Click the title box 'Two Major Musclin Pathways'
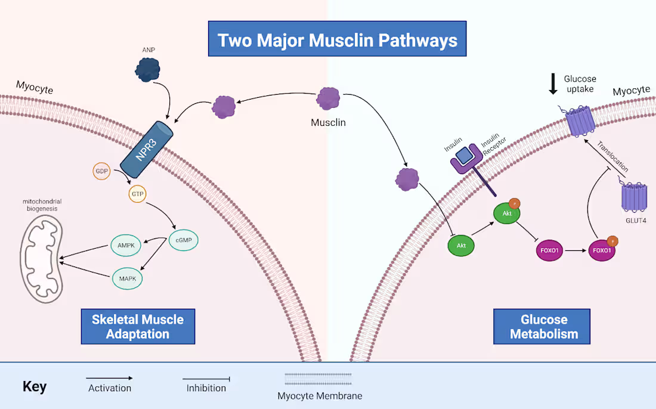click(337, 39)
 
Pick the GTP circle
click(138, 194)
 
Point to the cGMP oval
click(184, 240)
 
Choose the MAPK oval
click(128, 277)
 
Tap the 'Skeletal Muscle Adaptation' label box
click(138, 326)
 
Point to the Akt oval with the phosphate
click(507, 213)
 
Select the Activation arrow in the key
click(109, 378)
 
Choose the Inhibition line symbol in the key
click(206, 379)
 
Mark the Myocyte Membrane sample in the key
click(319, 379)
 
